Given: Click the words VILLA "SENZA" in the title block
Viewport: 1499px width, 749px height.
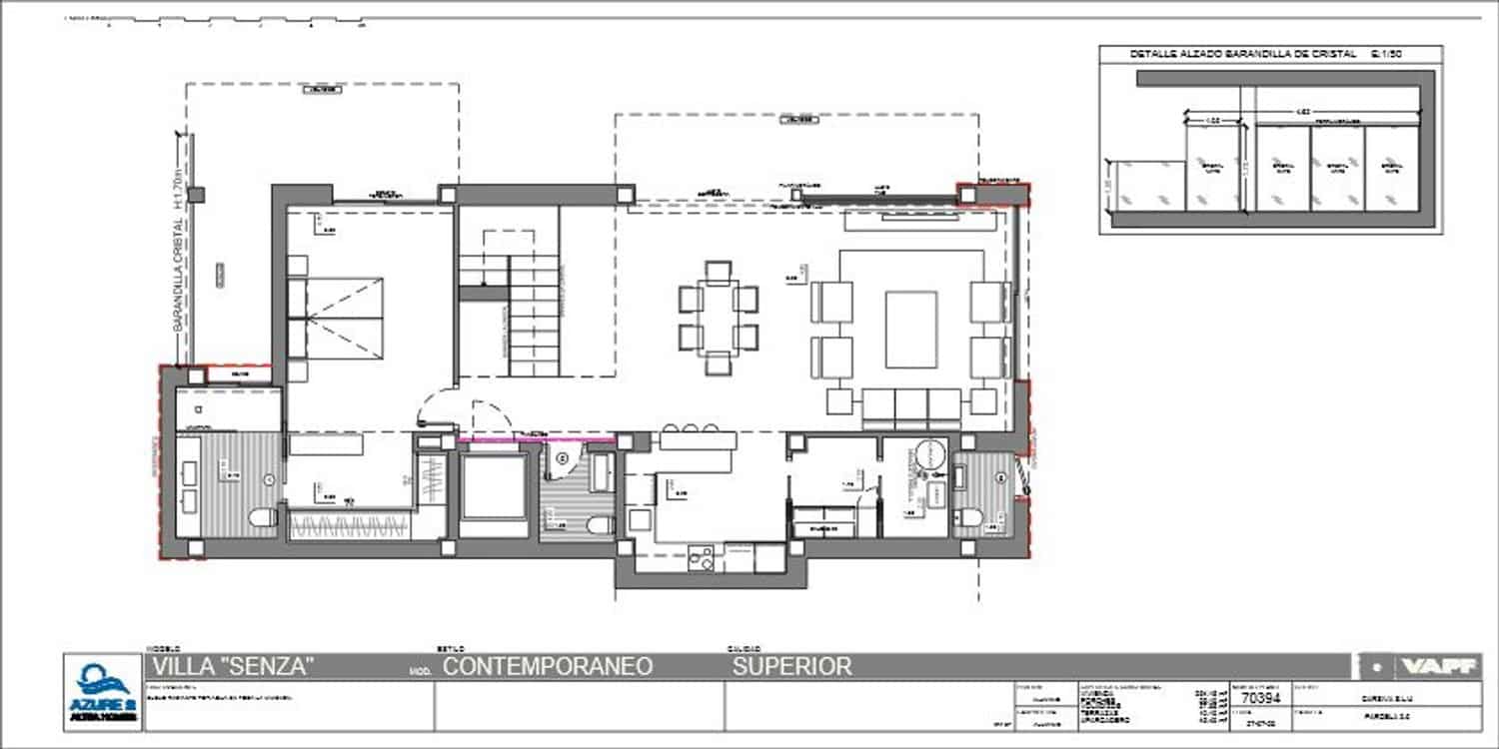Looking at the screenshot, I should point(232,666).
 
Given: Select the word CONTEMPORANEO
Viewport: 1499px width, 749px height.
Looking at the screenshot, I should point(548,666).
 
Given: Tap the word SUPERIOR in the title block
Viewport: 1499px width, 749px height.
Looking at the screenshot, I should point(792,666).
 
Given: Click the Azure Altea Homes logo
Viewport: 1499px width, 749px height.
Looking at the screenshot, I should point(103,692).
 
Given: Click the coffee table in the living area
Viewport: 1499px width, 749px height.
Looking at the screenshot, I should point(910,330).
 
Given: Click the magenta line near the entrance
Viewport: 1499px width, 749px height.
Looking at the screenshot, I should point(537,438).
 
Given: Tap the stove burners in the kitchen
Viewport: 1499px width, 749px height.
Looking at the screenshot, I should point(701,559).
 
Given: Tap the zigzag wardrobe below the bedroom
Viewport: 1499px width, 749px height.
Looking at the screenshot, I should point(350,524).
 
